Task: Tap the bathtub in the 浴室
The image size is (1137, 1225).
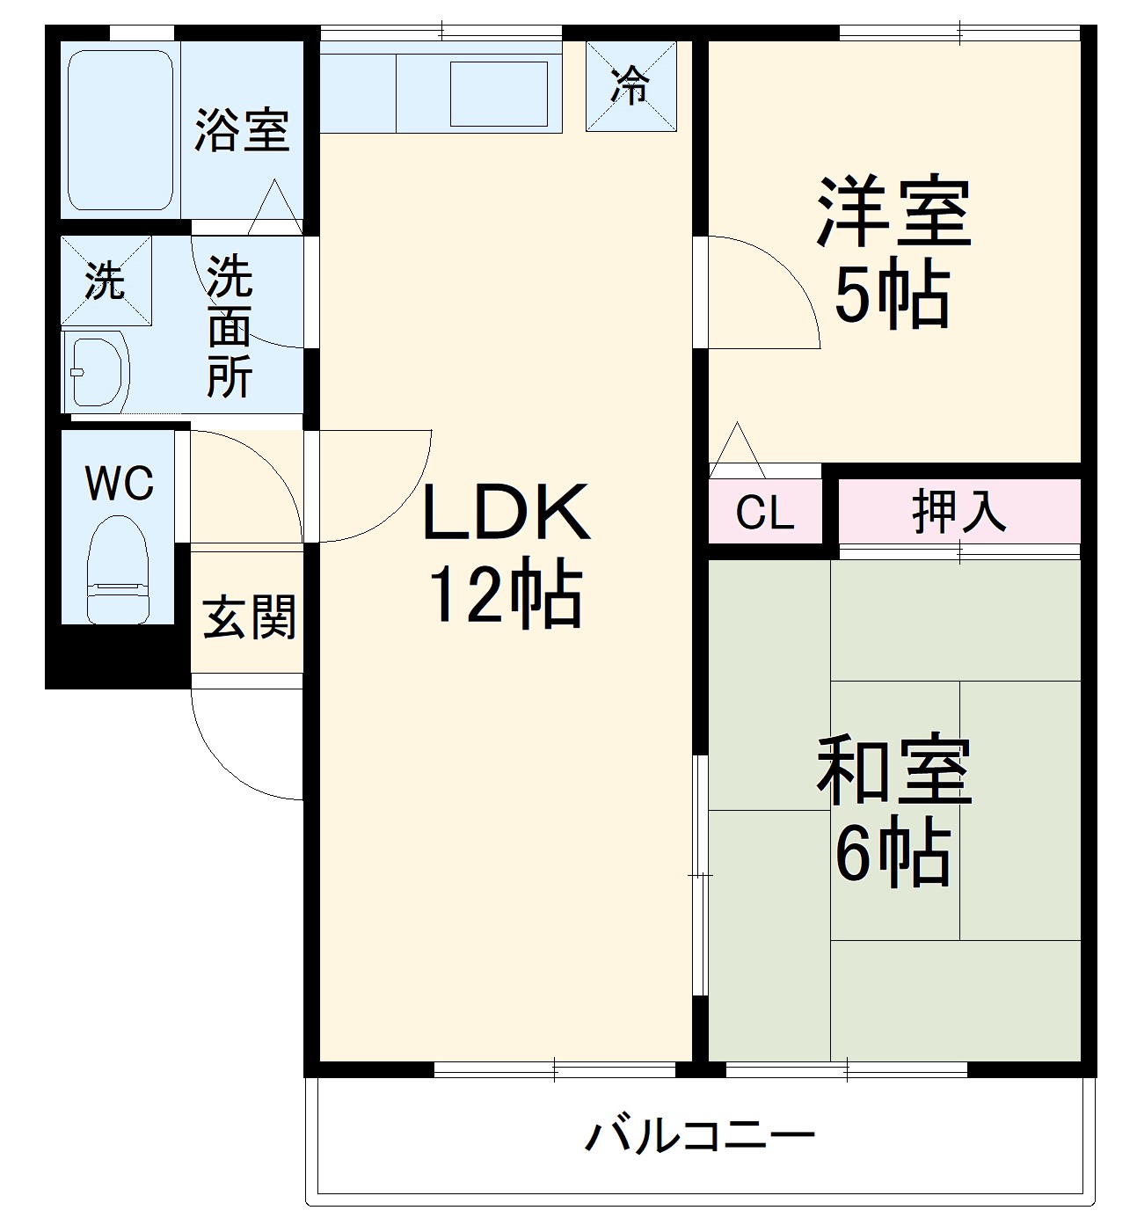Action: [120, 129]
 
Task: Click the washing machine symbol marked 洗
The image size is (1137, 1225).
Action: [106, 281]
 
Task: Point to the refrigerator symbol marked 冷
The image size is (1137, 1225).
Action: [631, 87]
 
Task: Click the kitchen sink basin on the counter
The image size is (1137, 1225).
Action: [499, 93]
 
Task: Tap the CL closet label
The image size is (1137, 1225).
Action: [764, 513]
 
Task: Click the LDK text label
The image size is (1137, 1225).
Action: [506, 514]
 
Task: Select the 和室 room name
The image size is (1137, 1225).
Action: [893, 771]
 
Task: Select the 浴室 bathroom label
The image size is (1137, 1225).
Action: [241, 129]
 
